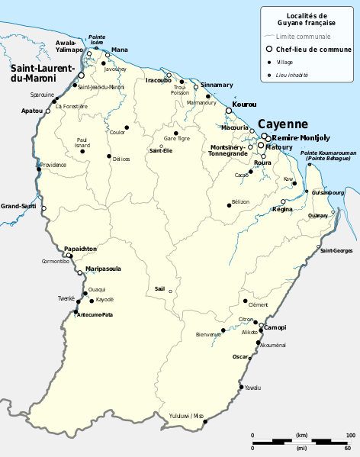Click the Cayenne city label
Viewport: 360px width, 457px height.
[x=282, y=124]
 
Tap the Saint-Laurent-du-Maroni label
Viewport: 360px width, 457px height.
[x=41, y=72]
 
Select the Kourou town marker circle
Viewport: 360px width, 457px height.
[x=228, y=111]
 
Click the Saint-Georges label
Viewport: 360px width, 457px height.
[x=336, y=251]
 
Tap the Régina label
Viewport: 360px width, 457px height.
[x=282, y=209]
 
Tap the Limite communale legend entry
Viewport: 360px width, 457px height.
[x=308, y=36]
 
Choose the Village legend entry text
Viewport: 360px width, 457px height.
[x=284, y=62]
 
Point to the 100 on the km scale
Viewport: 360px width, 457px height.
[x=351, y=436]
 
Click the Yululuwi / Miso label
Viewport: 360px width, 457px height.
[x=186, y=416]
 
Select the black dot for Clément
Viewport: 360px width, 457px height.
[x=245, y=291]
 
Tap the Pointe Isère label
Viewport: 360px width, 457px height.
[x=96, y=39]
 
